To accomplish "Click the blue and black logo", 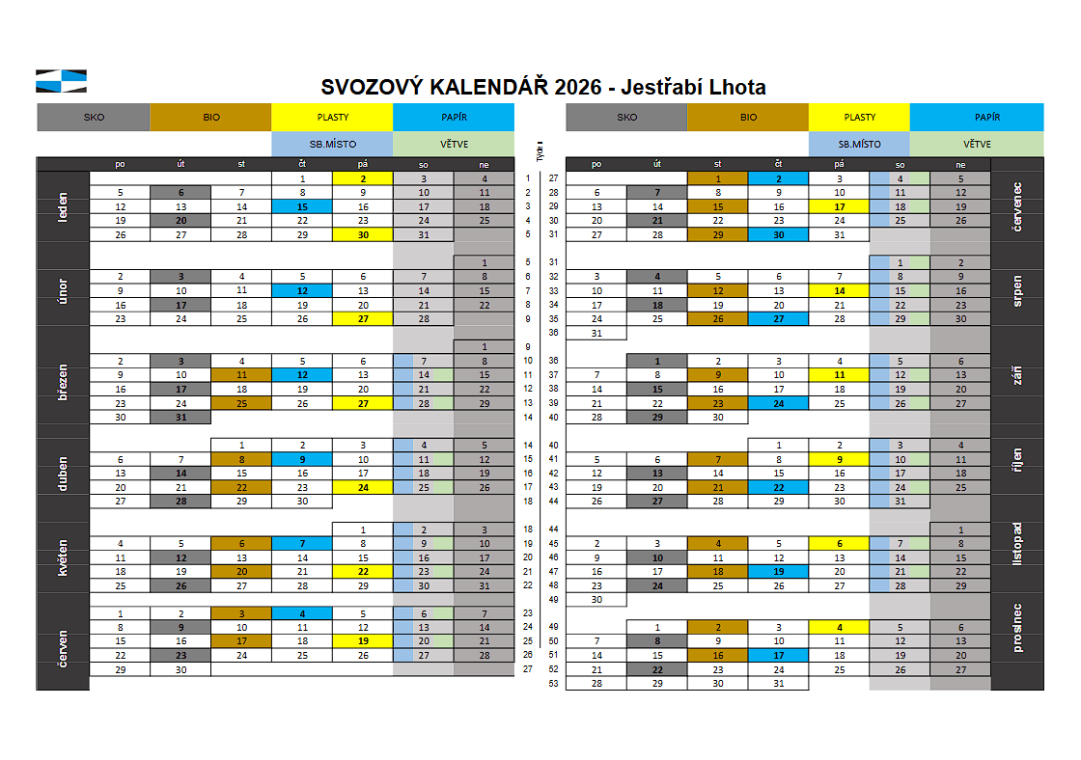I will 61,81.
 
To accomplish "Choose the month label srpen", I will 1017,290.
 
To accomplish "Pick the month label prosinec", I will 1017,627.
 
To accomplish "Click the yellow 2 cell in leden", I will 363,178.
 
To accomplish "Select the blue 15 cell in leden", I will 302,206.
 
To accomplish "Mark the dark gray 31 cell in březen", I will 180,417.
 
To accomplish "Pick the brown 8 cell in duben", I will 241,459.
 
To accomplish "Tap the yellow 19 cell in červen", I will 363,640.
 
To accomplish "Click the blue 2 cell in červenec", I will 778,178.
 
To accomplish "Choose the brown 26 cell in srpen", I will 717,318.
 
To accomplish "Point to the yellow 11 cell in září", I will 839,374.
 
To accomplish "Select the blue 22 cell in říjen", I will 778,487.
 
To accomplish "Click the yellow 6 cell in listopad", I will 839,543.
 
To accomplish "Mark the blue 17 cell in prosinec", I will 778,655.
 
